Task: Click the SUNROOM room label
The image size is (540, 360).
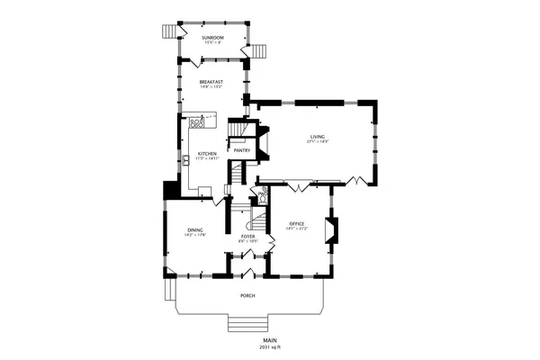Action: [x=212, y=38]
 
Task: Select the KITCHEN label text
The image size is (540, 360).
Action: [x=207, y=154]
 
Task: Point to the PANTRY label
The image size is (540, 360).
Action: [x=242, y=150]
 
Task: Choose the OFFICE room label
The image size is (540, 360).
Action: [x=296, y=223]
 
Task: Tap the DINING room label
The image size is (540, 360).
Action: [x=195, y=230]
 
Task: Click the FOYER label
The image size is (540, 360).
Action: [x=247, y=236]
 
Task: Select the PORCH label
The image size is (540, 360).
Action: [x=247, y=296]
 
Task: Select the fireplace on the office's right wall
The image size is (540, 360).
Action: [x=335, y=229]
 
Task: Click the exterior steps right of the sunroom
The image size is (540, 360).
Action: [x=259, y=51]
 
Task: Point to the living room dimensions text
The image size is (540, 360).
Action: [x=318, y=141]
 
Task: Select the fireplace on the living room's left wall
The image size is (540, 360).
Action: [x=263, y=142]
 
